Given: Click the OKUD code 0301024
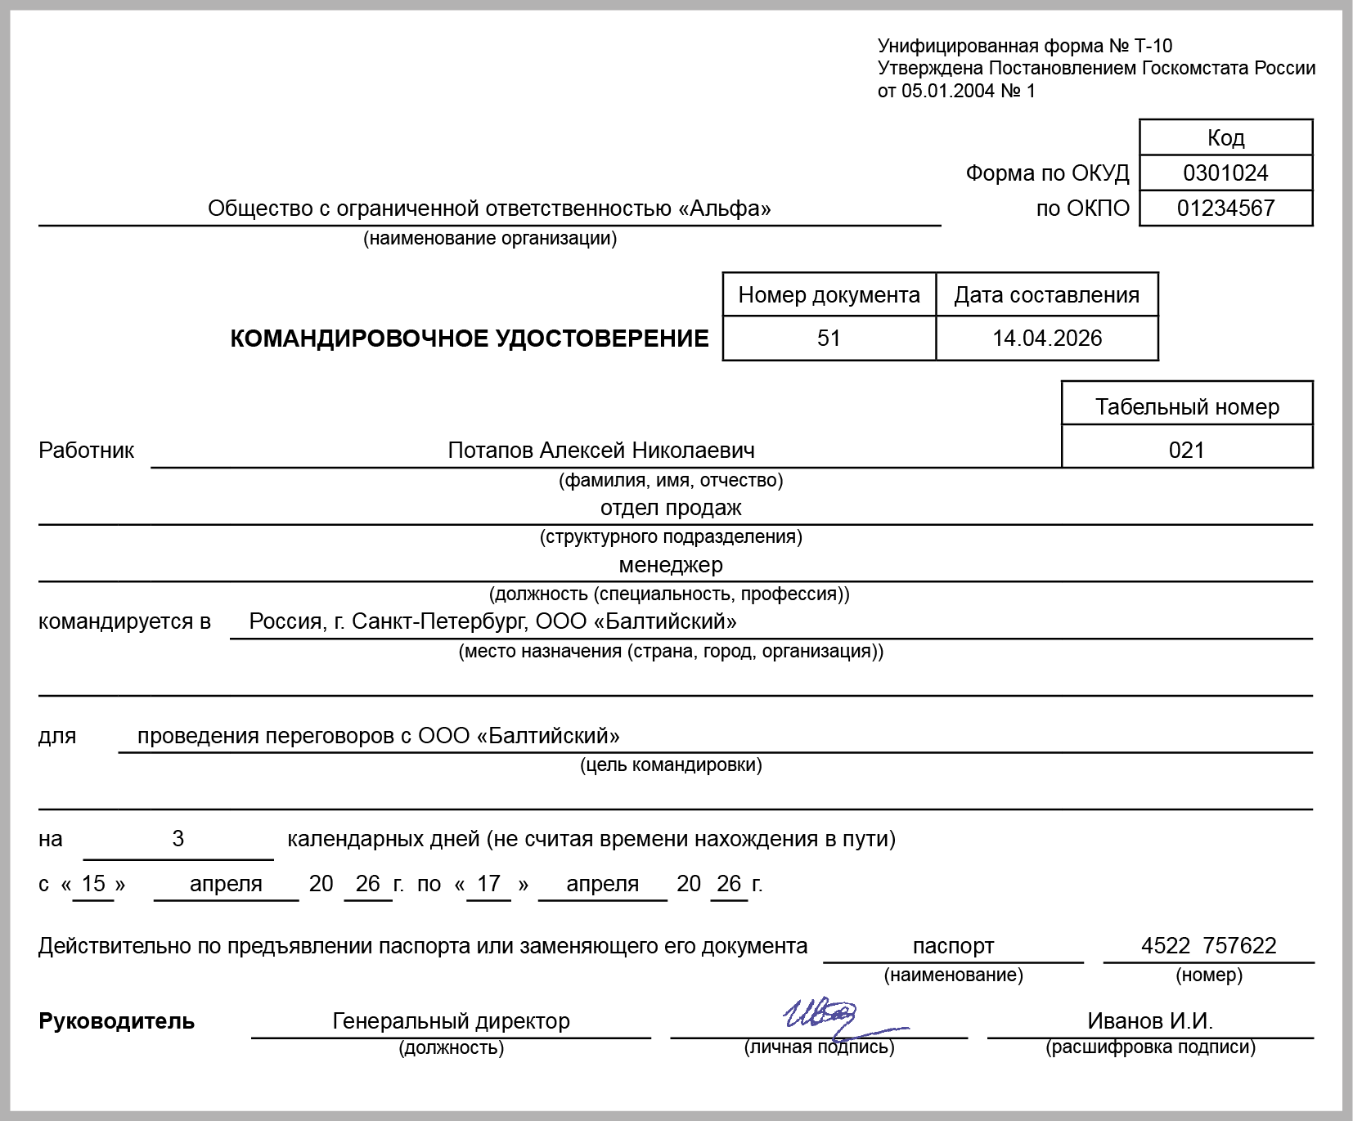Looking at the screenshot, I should coord(1225,173).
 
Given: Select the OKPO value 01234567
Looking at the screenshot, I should coord(1225,209).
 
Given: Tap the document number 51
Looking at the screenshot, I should coord(829,339).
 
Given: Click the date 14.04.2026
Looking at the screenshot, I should coord(1047,339).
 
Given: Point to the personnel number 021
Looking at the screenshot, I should coord(1186,451).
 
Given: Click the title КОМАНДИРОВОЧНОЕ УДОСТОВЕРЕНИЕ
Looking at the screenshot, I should coord(470,339).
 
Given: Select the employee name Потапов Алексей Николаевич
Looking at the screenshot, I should coord(601,451).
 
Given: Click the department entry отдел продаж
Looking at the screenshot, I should coord(671,508).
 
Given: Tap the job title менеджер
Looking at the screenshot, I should coord(671,565).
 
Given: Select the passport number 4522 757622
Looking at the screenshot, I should coord(1208,946).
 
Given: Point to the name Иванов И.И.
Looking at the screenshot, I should coord(1149,1021).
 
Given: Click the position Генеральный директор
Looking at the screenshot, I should coord(451,1021).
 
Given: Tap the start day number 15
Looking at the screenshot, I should coord(93,884).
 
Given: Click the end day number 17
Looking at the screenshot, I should coord(488,884).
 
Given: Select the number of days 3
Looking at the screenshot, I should coord(178,839).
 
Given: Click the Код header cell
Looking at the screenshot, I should coord(1225,137).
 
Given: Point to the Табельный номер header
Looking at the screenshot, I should coord(1187,407).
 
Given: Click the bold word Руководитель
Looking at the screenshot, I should coord(116,1021).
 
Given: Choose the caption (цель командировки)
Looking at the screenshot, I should coord(671,765).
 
